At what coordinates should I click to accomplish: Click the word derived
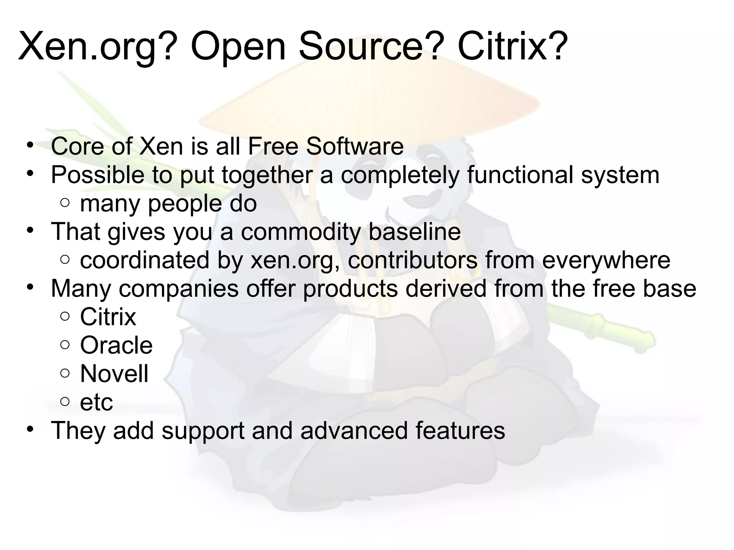tap(445, 288)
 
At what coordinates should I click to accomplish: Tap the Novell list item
tap(114, 373)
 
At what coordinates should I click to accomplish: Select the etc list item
tap(96, 402)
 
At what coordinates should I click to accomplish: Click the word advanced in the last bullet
tap(354, 430)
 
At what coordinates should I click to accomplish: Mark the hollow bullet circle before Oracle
tap(65, 345)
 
